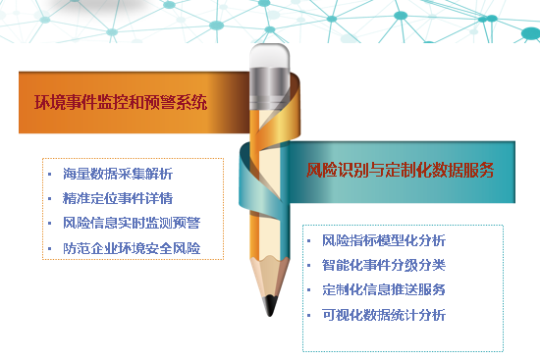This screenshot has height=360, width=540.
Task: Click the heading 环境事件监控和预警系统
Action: click(x=121, y=102)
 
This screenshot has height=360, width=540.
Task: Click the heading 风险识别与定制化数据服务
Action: click(x=401, y=171)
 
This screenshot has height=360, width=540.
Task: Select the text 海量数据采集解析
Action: click(x=117, y=174)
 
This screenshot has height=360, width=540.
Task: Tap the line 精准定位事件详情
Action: click(x=117, y=198)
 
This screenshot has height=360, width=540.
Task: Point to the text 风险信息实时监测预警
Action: click(x=131, y=223)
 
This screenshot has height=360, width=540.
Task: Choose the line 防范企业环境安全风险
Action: click(x=131, y=247)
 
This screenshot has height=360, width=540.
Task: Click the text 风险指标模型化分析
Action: click(x=384, y=240)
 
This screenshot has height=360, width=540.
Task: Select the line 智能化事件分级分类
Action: click(x=384, y=265)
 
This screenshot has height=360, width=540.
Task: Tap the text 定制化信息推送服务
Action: click(x=384, y=289)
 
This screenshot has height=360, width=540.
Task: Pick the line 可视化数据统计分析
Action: click(x=384, y=315)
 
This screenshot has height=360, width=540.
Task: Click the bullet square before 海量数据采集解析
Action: click(x=50, y=175)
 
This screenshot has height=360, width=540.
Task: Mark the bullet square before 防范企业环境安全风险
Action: click(x=50, y=248)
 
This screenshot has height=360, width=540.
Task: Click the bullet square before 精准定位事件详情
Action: click(x=50, y=199)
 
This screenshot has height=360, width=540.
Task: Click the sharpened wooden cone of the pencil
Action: click(x=268, y=275)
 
